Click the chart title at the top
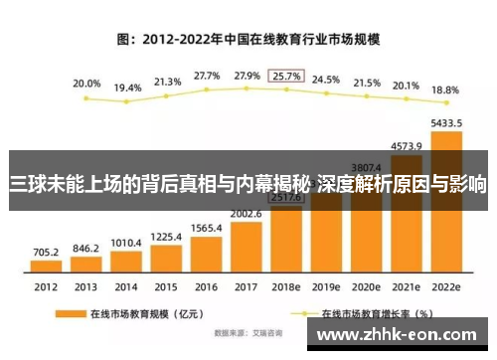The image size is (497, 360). (x=248, y=41)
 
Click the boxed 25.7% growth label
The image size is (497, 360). (x=286, y=77)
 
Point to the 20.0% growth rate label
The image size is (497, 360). (x=86, y=85)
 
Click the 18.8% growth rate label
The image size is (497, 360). (x=445, y=89)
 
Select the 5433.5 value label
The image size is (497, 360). (x=445, y=123)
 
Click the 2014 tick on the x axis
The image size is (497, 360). (x=126, y=286)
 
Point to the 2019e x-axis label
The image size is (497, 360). (x=326, y=286)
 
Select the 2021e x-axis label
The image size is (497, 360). (x=406, y=286)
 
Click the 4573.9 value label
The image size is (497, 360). (x=406, y=146)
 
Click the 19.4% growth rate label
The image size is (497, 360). (x=126, y=88)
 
